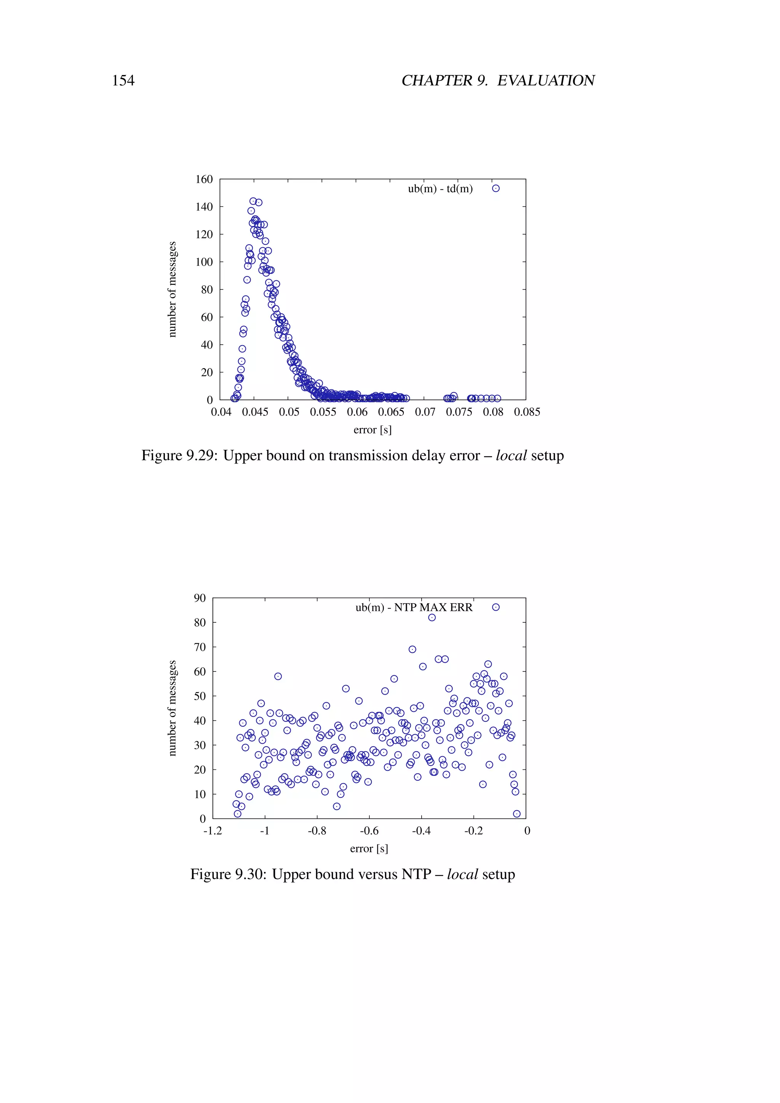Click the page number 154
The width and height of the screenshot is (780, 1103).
click(123, 80)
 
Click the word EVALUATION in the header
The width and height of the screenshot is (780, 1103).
click(546, 80)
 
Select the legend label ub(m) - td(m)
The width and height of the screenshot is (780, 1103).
click(440, 189)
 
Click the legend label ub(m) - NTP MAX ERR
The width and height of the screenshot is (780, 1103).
click(414, 608)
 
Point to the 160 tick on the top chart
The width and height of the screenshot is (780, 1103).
click(204, 179)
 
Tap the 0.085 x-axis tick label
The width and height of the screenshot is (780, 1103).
click(527, 412)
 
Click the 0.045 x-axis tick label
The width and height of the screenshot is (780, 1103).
click(255, 412)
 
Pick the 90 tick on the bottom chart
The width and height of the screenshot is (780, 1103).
click(200, 598)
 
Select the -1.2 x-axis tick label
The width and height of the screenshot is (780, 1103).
click(213, 831)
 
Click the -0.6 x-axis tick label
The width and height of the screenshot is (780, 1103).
click(369, 831)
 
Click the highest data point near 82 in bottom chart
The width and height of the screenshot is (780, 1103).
click(432, 618)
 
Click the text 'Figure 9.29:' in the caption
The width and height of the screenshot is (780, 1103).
click(179, 456)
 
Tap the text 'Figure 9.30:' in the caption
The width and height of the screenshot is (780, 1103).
click(228, 874)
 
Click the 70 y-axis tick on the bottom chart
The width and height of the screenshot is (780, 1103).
click(200, 647)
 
